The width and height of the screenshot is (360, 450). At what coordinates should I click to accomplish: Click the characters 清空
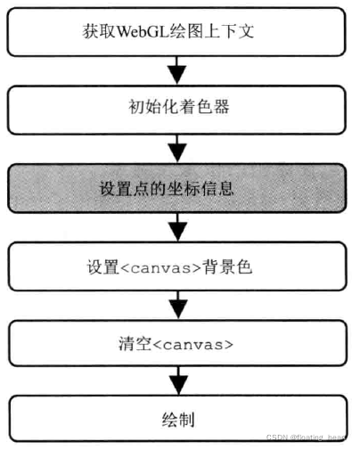138,343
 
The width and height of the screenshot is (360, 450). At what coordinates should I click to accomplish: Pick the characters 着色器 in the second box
204,110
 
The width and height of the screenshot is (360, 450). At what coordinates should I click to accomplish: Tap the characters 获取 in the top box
94,34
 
